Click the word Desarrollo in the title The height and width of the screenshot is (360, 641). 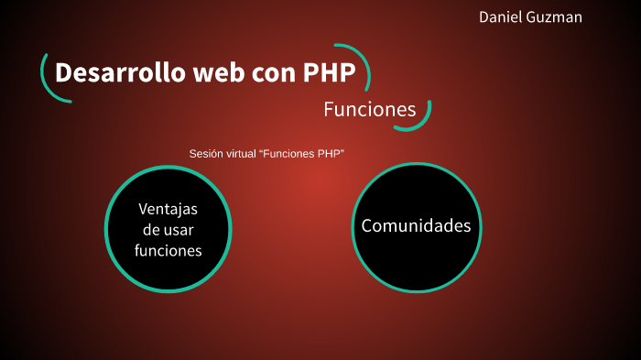(118, 73)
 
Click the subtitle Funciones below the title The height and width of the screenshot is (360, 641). (369, 110)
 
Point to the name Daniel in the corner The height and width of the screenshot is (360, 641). (502, 17)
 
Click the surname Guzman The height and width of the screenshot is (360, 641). (556, 17)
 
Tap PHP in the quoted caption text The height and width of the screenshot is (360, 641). (331, 154)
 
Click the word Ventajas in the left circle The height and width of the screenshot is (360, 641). (168, 208)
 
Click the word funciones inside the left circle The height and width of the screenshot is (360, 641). (168, 250)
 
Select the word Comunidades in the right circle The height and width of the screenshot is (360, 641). (416, 225)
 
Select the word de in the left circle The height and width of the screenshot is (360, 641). (151, 229)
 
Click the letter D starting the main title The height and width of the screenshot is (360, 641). (63, 73)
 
